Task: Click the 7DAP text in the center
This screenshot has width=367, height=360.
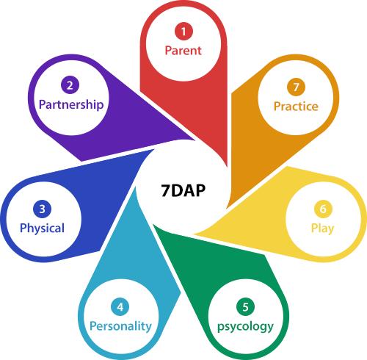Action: point(183,190)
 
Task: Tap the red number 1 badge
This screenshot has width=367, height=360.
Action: point(183,32)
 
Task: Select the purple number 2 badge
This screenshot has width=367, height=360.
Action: point(70,85)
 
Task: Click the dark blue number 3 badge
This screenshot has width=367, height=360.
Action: point(42,209)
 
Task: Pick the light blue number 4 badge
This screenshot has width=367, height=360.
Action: point(120,306)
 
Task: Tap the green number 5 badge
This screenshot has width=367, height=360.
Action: point(245,306)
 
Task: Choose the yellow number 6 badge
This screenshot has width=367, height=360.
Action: point(323,209)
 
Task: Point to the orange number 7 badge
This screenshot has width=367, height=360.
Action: point(296,87)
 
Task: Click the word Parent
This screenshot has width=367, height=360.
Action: point(183,51)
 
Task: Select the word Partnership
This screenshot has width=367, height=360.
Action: point(71,105)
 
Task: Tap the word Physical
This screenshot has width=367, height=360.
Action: point(42,228)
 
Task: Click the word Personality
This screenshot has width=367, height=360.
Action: point(120,326)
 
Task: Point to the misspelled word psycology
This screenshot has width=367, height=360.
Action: point(245,327)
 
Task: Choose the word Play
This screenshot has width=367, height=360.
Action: point(322,228)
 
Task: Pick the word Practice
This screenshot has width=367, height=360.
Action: point(296,107)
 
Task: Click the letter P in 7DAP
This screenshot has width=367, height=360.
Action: point(200,190)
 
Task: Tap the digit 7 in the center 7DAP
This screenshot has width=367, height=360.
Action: point(166,190)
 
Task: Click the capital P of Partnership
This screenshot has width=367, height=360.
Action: point(43,104)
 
